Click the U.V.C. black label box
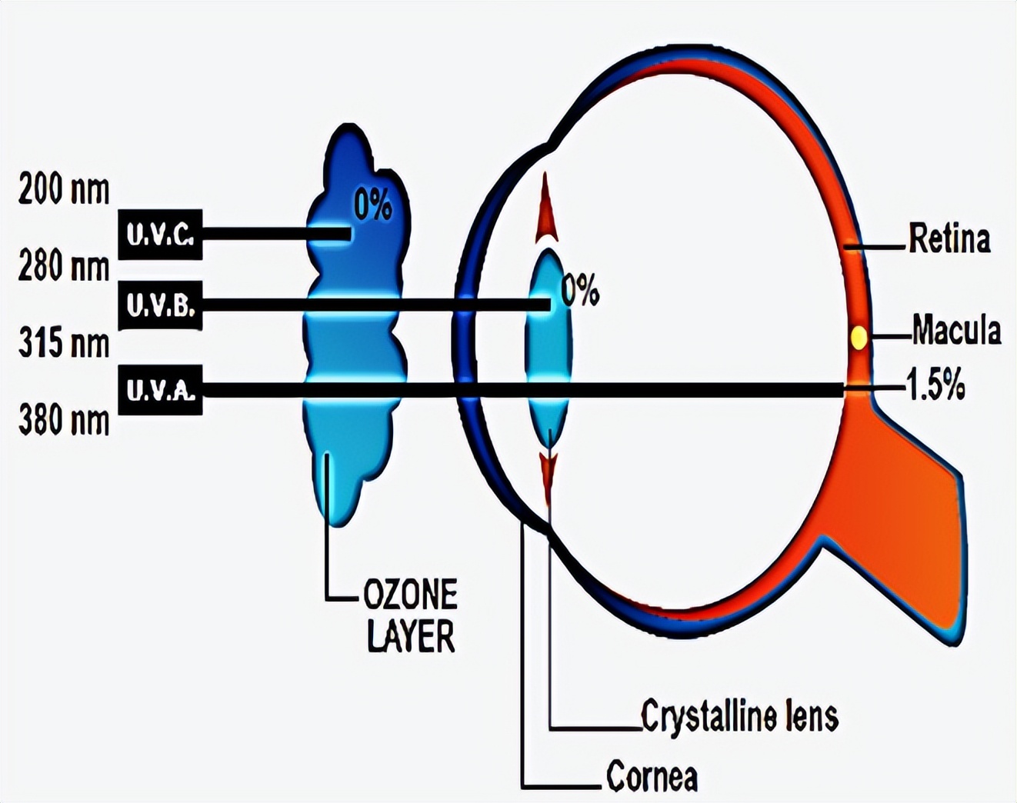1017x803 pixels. pos(160,235)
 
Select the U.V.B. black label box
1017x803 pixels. pos(160,306)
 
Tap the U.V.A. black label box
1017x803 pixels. pos(160,391)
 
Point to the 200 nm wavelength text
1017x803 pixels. pos(64,189)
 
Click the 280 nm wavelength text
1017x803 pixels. pos(64,267)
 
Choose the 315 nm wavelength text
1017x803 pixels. pos(64,343)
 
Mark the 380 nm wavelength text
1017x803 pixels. pos(64,421)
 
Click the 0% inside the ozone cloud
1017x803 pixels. pos(373,205)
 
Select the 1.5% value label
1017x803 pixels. pos(935,386)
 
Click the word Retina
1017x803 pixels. pos(949,238)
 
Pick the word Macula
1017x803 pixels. pos(956,331)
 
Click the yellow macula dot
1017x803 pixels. pos(859,338)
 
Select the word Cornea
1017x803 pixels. pos(652,776)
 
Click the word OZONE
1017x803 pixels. pos(410,595)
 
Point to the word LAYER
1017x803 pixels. pos(410,636)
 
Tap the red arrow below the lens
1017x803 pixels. pos(548,475)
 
